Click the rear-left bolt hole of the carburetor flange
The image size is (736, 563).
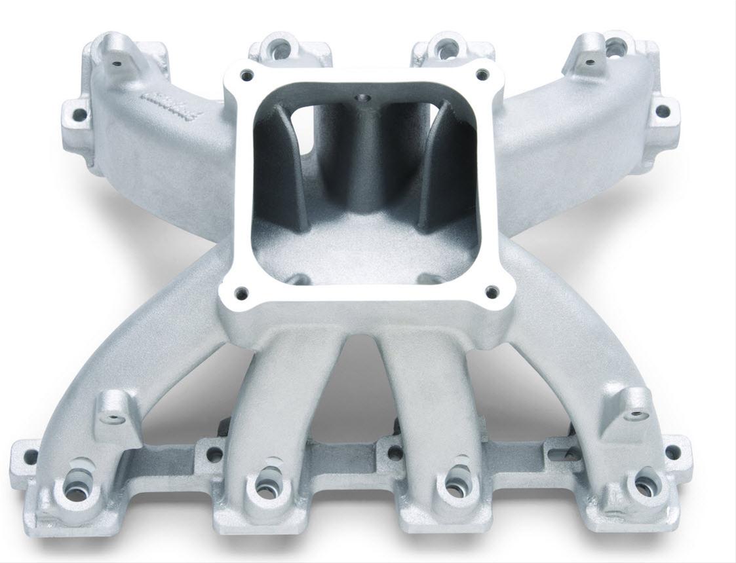(247, 73)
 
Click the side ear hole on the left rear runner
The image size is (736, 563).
(79, 116)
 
